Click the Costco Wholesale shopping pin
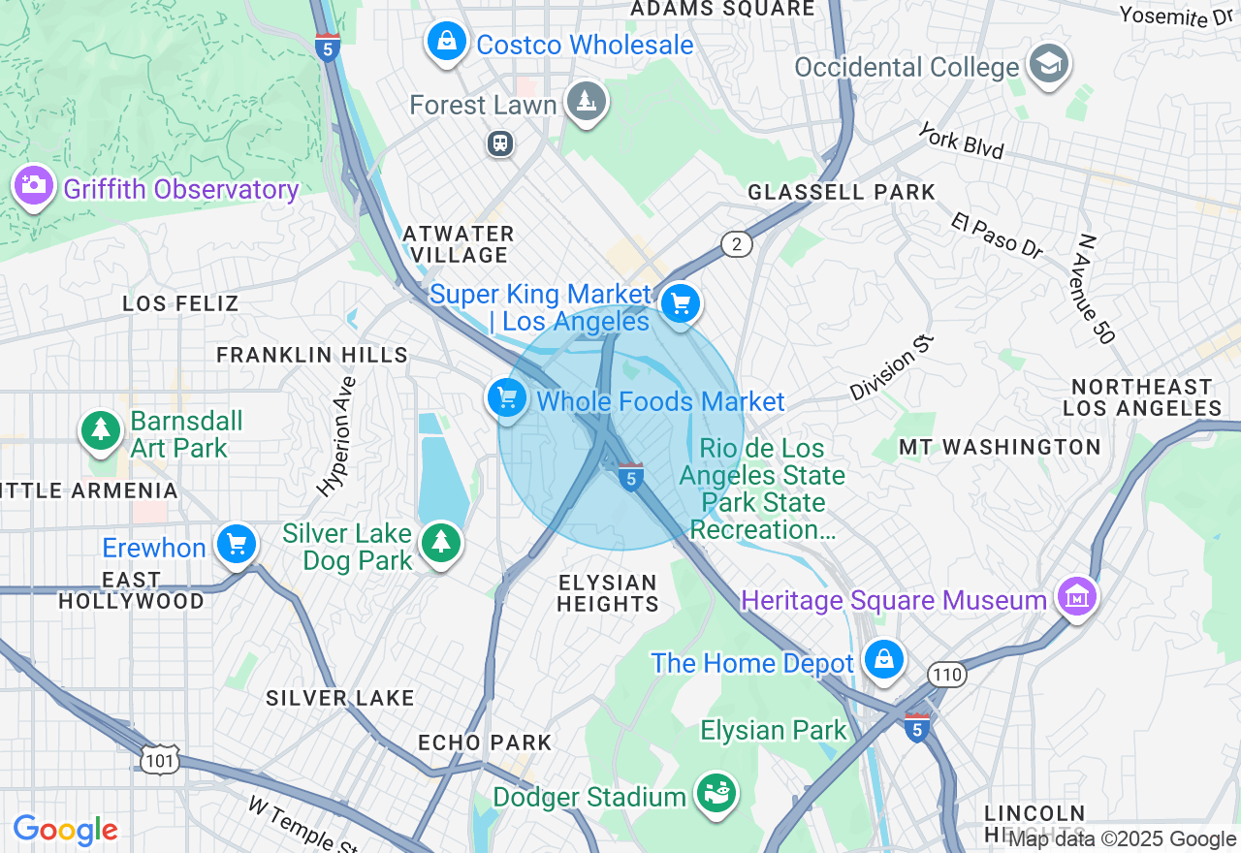[x=446, y=41]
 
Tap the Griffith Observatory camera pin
[x=34, y=184]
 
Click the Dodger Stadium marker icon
[x=716, y=794]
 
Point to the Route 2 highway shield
[x=737, y=244]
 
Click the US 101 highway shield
[x=158, y=761]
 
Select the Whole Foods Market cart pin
[x=506, y=397]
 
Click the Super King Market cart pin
[x=681, y=304]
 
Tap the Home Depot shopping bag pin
[x=883, y=659]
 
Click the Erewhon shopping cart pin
[x=236, y=545]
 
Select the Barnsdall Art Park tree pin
[x=101, y=430]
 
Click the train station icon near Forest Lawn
[x=500, y=143]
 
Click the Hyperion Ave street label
[x=336, y=436]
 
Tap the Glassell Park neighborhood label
[x=841, y=192]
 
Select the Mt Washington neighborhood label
[x=1000, y=447]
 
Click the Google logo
[x=65, y=830]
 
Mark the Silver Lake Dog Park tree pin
[x=441, y=542]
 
